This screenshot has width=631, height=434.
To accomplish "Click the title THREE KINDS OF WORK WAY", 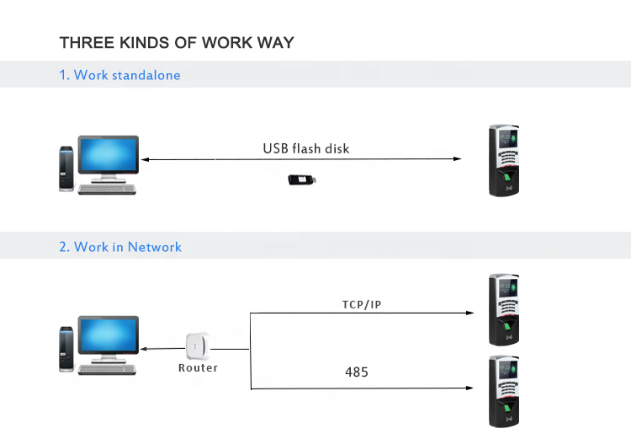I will pyautogui.click(x=177, y=42).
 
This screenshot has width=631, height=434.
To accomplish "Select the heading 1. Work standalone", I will pyautogui.click(x=119, y=75).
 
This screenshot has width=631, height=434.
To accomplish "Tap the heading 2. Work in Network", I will pyautogui.click(x=120, y=247).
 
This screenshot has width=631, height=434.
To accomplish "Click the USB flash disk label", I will pyautogui.click(x=305, y=149).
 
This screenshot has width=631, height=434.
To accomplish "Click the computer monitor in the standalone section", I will pyautogui.click(x=108, y=158).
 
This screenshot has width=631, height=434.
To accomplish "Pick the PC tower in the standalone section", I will pyautogui.click(x=66, y=169).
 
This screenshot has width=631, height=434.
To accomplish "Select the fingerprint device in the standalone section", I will pyautogui.click(x=506, y=161).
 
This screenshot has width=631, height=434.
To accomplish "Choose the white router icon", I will pyautogui.click(x=198, y=346).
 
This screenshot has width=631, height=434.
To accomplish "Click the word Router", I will pyautogui.click(x=198, y=368).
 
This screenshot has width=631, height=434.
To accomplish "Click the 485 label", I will pyautogui.click(x=357, y=372).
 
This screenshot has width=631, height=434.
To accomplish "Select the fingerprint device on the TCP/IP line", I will pyautogui.click(x=505, y=308).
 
